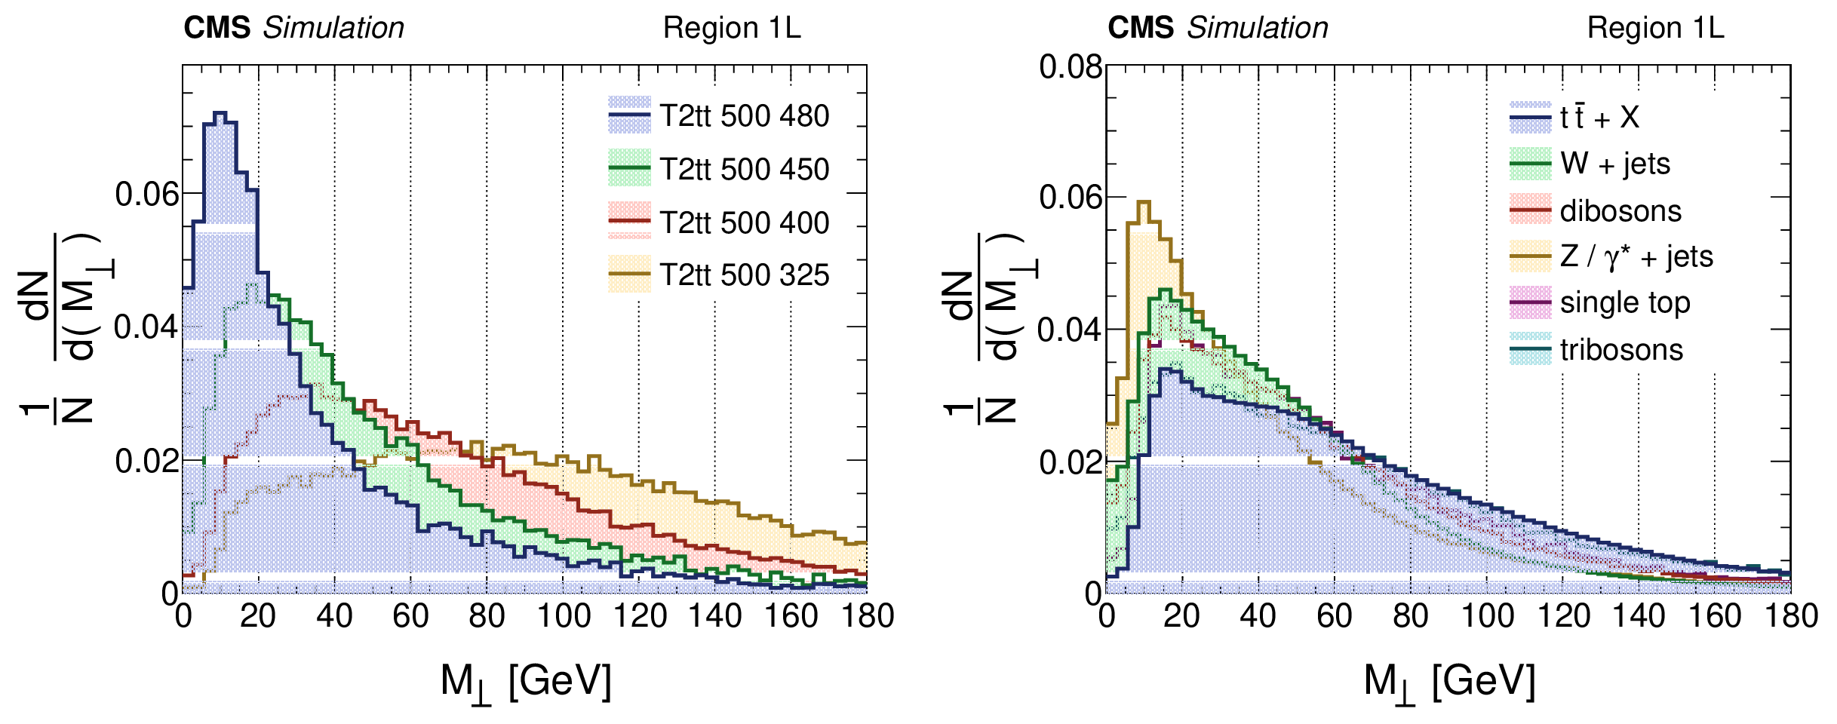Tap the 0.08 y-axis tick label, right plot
click(x=1071, y=66)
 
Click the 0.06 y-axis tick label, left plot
click(x=147, y=195)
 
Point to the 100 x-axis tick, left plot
click(x=563, y=616)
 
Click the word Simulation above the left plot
click(x=333, y=28)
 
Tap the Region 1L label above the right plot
click(x=1655, y=28)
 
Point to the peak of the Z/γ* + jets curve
click(x=1144, y=202)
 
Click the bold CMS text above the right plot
click(x=1140, y=28)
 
